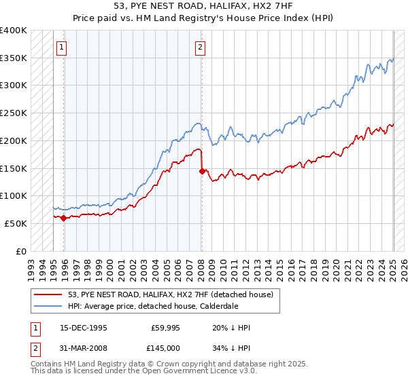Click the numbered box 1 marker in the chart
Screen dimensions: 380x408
62,47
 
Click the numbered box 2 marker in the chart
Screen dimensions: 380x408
201,47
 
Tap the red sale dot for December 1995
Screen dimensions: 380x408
63,218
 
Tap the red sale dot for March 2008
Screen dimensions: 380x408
202,171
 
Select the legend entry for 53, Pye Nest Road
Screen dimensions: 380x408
170,294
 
